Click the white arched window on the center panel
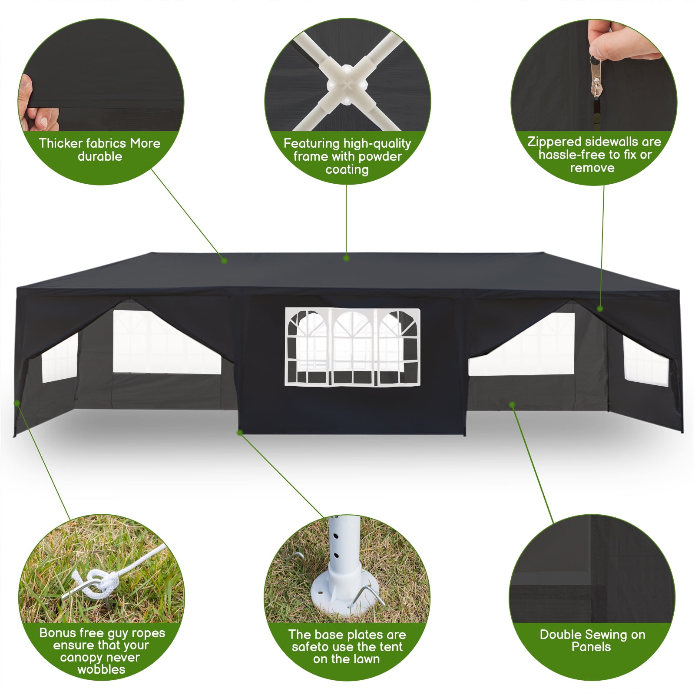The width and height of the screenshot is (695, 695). point(352,347)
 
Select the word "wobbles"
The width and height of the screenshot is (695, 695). point(101,669)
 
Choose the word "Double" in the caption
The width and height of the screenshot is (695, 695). point(562,634)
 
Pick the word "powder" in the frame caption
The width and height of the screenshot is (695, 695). point(381,156)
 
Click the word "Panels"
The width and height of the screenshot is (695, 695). point(591,647)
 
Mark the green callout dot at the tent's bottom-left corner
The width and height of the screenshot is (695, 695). point(17,403)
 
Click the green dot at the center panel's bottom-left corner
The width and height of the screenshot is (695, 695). point(239,432)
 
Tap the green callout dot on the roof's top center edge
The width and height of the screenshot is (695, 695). point(346,258)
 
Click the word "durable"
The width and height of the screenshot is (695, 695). point(100,156)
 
